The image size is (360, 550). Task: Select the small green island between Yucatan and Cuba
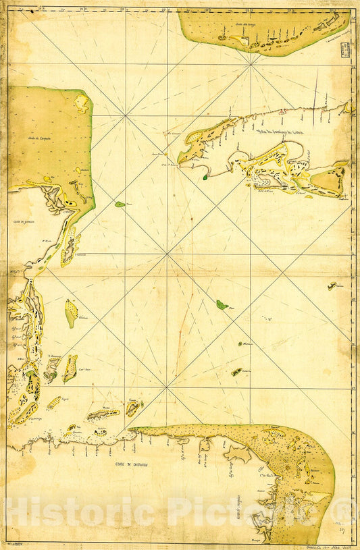pyautogui.click(x=120, y=204)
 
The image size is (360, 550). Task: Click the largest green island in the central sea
pyautogui.click(x=222, y=305)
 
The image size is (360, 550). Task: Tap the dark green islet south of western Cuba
pyautogui.click(x=205, y=177)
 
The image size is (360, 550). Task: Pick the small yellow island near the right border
pyautogui.click(x=332, y=286)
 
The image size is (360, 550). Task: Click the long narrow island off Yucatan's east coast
pyautogui.click(x=68, y=247)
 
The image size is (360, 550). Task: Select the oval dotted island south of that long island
pyautogui.click(x=71, y=313)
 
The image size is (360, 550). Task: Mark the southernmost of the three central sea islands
pyautogui.click(x=236, y=372)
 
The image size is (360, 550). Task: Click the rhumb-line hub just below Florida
pyautogui.click(x=251, y=64)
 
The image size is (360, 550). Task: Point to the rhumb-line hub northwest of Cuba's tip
pyautogui.click(x=126, y=115)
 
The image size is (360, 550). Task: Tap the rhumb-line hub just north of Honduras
pyautogui.click(x=167, y=387)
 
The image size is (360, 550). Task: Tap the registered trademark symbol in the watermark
pyautogui.click(x=345, y=511)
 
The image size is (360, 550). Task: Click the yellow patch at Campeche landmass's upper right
pyautogui.click(x=82, y=103)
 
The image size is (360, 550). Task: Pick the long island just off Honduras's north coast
pyautogui.click(x=103, y=414)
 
